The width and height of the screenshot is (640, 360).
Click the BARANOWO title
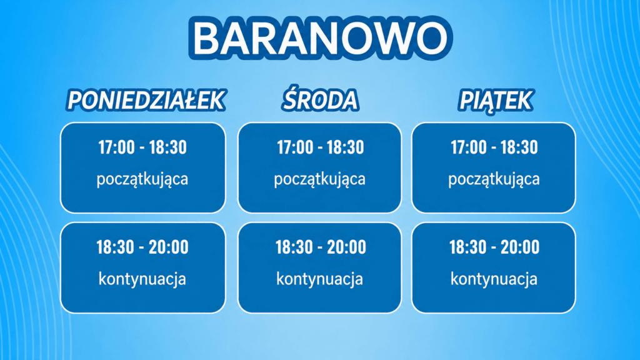coord(321,37)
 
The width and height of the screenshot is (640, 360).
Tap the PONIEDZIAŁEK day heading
coord(146,101)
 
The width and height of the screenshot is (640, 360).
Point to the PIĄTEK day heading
coord(496,101)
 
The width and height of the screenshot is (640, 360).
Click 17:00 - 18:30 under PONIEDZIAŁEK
coord(142,147)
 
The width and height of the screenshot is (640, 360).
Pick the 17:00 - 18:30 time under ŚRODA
coord(321,147)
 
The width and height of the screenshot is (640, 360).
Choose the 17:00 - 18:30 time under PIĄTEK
coord(494,147)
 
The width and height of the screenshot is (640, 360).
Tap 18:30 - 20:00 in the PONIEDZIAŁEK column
coord(142,247)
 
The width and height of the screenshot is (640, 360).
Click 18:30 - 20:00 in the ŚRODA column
coord(321,247)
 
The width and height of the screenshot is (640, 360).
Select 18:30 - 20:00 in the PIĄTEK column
coord(494,247)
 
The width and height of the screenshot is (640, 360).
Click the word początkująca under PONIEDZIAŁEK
coord(142,179)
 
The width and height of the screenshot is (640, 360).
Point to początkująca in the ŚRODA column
coord(319,179)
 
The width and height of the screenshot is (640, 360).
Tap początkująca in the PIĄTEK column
coord(494,179)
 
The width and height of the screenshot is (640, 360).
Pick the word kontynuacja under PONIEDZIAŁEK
coord(142,279)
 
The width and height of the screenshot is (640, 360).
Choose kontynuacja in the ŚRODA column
coord(319,279)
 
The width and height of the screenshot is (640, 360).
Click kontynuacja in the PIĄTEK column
coord(494,279)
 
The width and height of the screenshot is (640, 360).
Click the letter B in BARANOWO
coord(208,37)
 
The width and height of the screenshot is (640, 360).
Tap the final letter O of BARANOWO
coord(430,37)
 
